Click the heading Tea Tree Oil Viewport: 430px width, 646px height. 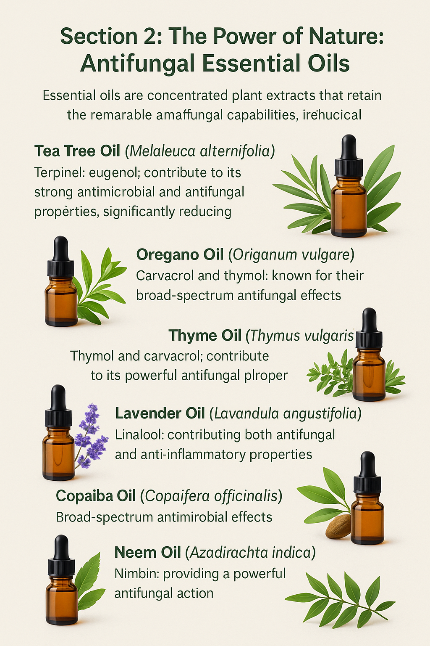coord(77,151)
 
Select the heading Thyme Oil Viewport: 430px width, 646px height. coord(205,336)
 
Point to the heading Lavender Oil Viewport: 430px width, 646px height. coord(160,413)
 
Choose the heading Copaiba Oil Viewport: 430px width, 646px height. coord(96,496)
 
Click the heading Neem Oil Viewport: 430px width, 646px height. coord(147,553)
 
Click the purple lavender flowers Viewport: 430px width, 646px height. coord(90,435)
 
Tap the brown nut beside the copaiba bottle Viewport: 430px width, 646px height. coord(338,526)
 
